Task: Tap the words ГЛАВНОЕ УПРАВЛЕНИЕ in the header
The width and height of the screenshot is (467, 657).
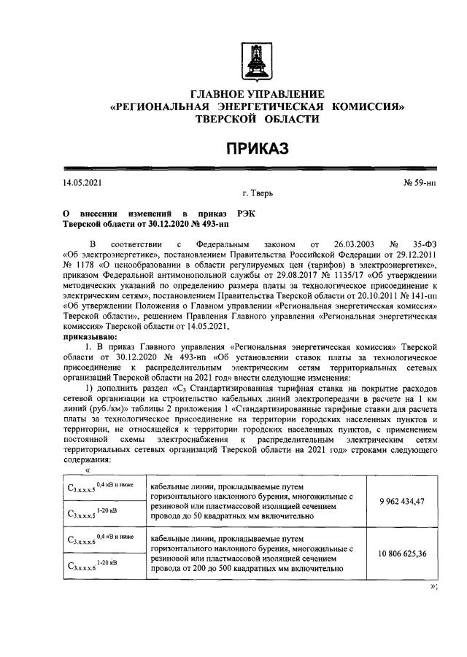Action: coord(256,95)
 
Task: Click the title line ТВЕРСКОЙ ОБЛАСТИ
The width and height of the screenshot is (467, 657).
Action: coord(256,118)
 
